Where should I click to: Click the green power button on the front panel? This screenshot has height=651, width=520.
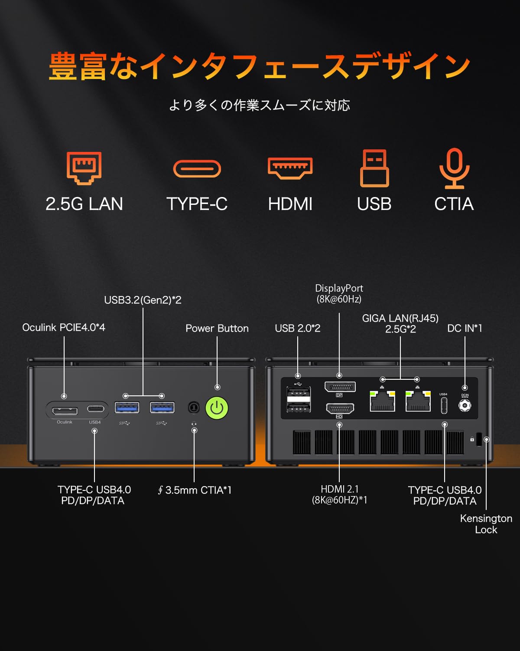[x=217, y=408]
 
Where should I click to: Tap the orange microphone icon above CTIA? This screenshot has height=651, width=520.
[x=454, y=168]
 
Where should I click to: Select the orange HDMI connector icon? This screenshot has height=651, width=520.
[x=290, y=168]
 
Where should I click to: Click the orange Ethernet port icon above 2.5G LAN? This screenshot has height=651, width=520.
[x=84, y=168]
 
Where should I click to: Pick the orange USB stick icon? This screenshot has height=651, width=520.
[x=374, y=168]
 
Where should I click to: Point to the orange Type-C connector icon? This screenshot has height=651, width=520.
[x=197, y=168]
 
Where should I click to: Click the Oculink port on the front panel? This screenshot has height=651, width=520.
[x=65, y=411]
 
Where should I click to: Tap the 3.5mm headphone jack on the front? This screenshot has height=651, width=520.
[x=194, y=408]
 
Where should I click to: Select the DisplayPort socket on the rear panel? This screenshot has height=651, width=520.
[x=340, y=387]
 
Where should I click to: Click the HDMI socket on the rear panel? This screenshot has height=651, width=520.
[x=340, y=408]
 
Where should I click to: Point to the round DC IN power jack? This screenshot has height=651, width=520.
[x=465, y=405]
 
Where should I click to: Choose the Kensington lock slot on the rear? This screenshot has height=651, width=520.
[x=479, y=439]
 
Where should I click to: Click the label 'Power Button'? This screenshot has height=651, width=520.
[x=217, y=328]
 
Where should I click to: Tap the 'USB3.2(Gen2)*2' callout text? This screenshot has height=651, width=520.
[x=143, y=300]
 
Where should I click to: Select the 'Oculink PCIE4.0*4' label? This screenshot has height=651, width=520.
[x=64, y=327]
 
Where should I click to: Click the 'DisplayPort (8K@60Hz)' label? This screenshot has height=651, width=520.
[x=339, y=293]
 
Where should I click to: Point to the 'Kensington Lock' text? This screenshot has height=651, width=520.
[x=486, y=524]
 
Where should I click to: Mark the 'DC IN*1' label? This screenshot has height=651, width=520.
[x=465, y=328]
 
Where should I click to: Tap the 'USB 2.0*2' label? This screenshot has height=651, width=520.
[x=298, y=328]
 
